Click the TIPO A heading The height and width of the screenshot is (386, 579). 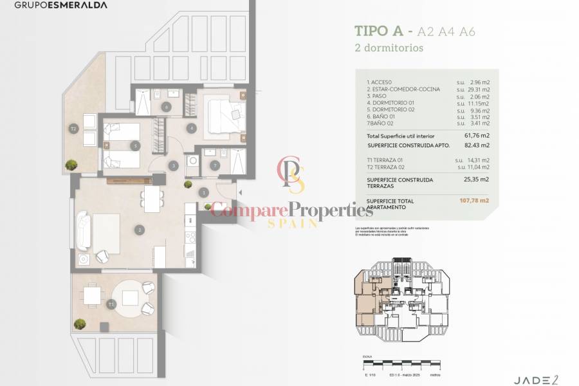(x=379, y=31)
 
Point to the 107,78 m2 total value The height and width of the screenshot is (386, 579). (x=475, y=201)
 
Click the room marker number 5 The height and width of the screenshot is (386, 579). (x=134, y=146)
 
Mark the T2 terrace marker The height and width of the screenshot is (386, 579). (x=74, y=129)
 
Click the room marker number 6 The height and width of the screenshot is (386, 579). (x=166, y=107)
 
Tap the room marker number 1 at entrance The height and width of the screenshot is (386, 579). (x=203, y=192)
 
